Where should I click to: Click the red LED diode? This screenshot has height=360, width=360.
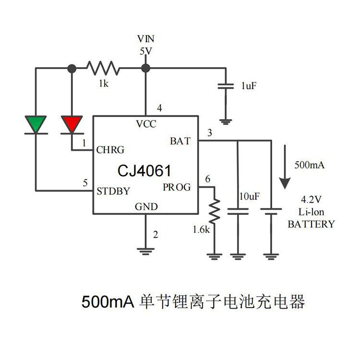click(x=72, y=125)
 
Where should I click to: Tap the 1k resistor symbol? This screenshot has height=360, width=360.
click(x=102, y=68)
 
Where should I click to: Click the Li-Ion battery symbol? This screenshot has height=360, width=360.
click(x=271, y=211)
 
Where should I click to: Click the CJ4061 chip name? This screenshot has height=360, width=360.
click(x=145, y=170)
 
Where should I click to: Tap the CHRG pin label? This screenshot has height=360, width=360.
click(x=110, y=149)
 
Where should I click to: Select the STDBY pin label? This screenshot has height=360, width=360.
click(x=113, y=191)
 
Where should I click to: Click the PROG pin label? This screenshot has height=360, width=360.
click(x=177, y=187)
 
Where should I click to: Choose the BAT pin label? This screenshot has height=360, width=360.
click(x=180, y=141)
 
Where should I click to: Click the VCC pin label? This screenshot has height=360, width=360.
click(x=146, y=124)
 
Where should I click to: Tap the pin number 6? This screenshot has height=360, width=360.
click(x=207, y=179)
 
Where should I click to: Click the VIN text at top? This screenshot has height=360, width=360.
click(x=146, y=38)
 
